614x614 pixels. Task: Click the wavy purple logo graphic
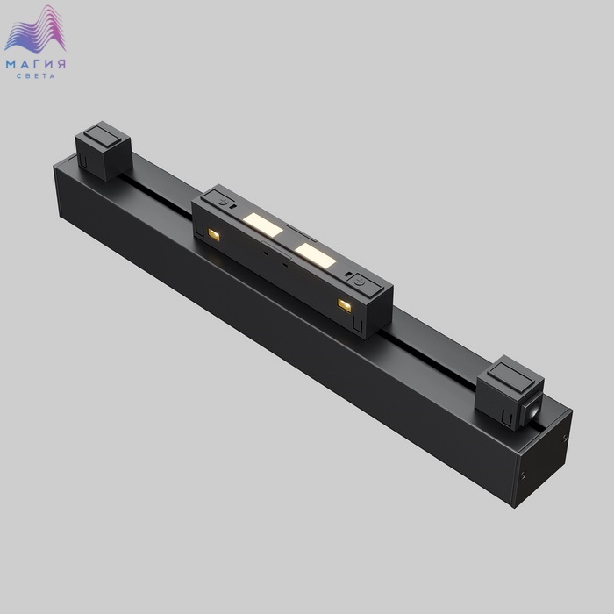35,29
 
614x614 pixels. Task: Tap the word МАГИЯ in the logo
36,64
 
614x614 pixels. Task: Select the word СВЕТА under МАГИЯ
36,76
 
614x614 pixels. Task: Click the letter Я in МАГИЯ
61,64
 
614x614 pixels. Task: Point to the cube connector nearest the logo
103,151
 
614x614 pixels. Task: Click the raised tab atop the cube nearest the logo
103,135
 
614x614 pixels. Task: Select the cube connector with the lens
510,392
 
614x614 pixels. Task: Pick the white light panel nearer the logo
263,225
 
